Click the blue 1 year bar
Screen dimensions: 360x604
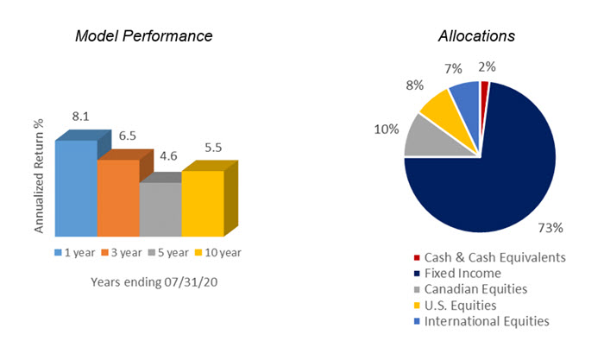pyautogui.click(x=76, y=188)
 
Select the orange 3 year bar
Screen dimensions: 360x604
pyautogui.click(x=118, y=198)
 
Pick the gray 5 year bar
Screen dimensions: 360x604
pyautogui.click(x=160, y=209)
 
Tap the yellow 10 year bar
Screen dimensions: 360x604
pyautogui.click(x=202, y=203)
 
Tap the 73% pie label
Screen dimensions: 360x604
pyautogui.click(x=550, y=228)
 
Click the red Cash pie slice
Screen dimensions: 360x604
pyautogui.click(x=485, y=86)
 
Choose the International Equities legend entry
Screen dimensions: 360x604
pyautogui.click(x=481, y=321)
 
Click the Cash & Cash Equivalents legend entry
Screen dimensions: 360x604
pyautogui.click(x=488, y=256)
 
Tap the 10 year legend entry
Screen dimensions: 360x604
pyautogui.click(x=217, y=253)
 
